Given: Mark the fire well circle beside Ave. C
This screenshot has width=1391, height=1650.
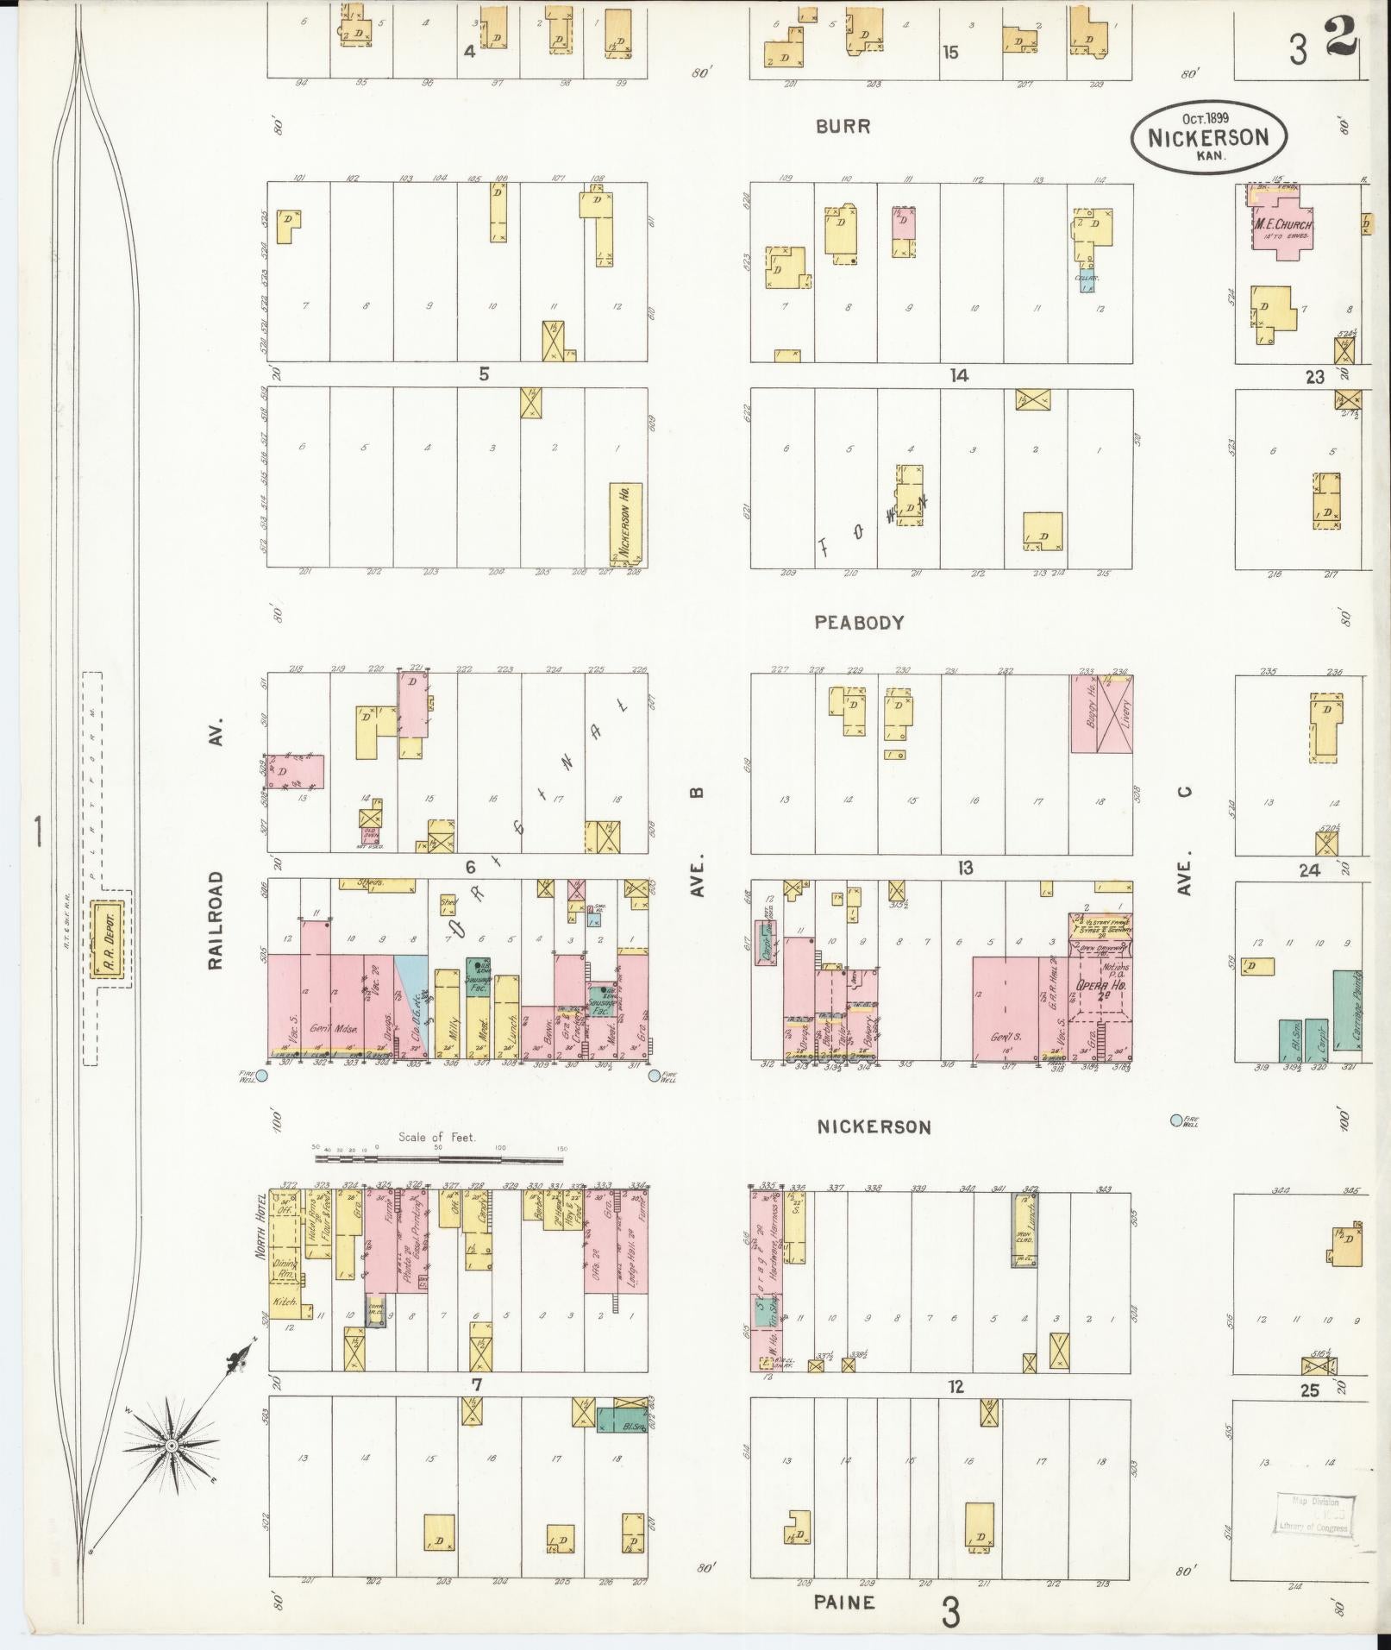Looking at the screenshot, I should (1176, 1120).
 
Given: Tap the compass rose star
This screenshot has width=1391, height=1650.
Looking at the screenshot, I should (171, 1445).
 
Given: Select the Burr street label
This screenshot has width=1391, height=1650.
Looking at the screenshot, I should (843, 127).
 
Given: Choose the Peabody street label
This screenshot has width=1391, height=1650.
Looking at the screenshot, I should (859, 622).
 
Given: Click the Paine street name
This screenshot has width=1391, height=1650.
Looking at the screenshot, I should (844, 1602).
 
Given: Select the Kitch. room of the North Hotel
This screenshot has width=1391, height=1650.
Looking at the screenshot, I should (285, 1302).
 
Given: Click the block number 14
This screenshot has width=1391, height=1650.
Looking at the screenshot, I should (958, 375).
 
